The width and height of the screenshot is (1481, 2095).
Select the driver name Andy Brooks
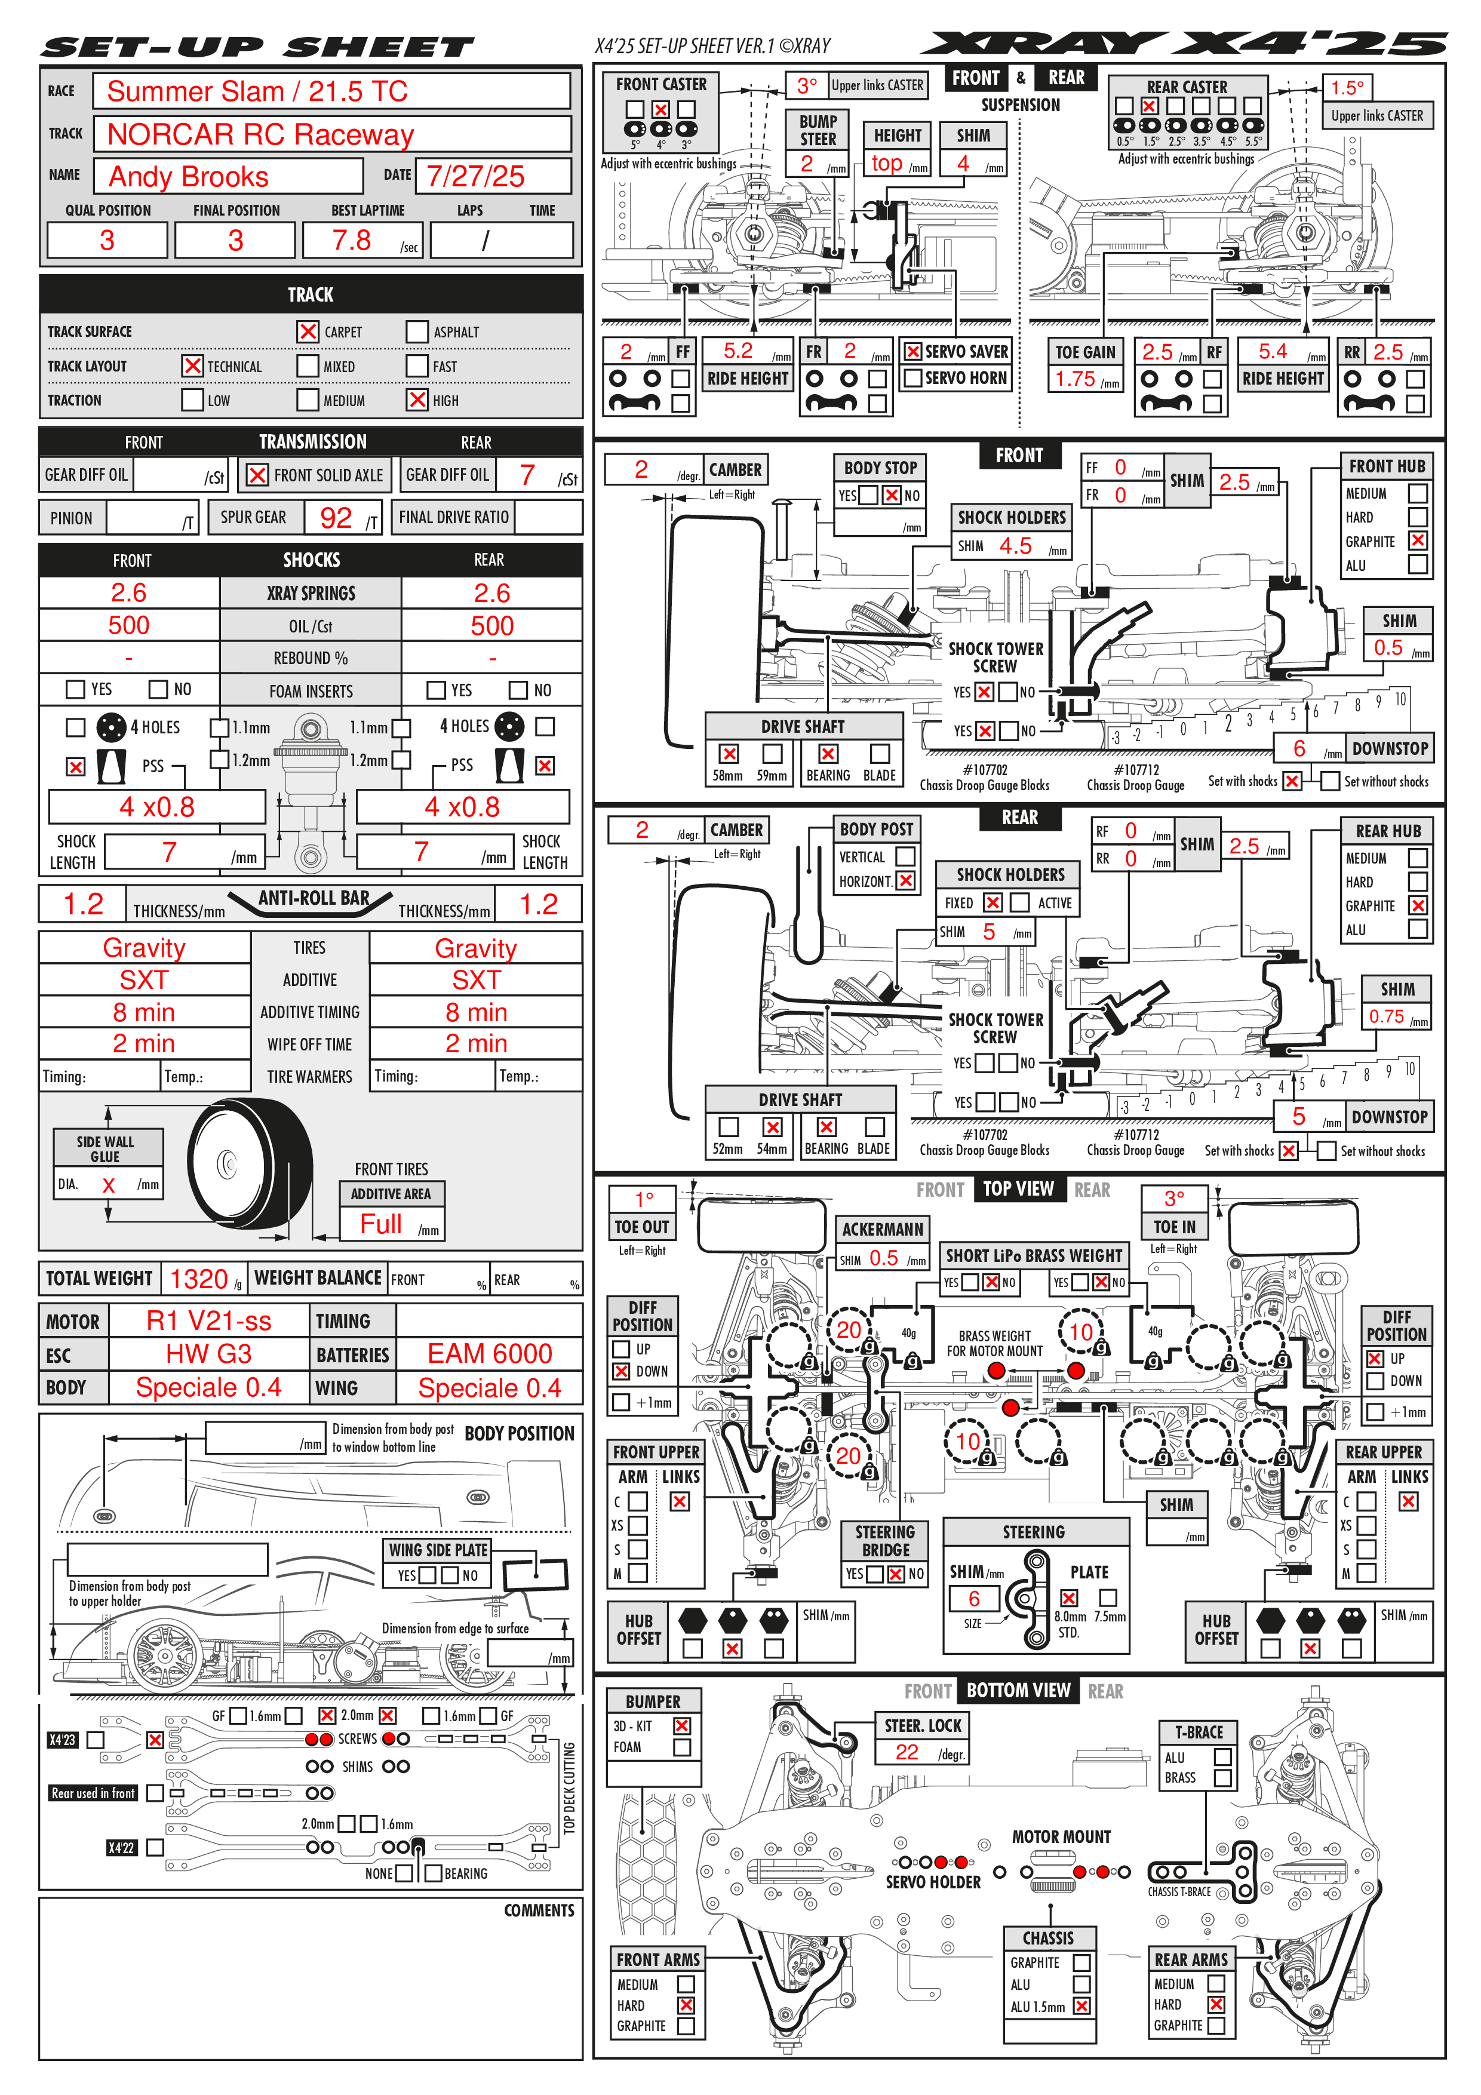[188, 176]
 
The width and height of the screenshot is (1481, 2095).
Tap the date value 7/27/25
[475, 176]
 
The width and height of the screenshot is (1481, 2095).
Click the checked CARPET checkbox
[308, 331]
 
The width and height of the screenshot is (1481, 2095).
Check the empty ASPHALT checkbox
[417, 331]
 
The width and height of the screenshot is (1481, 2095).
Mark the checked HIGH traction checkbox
[417, 400]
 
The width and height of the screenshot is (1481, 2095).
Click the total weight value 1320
[198, 1279]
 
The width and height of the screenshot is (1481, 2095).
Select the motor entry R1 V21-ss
[209, 1320]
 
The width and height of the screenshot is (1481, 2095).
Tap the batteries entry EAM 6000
[490, 1353]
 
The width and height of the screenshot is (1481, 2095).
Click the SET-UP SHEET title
[257, 47]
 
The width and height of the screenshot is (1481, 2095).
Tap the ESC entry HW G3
[209, 1353]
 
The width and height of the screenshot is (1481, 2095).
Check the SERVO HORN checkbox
[912, 378]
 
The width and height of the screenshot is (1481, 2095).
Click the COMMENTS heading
[539, 1910]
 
